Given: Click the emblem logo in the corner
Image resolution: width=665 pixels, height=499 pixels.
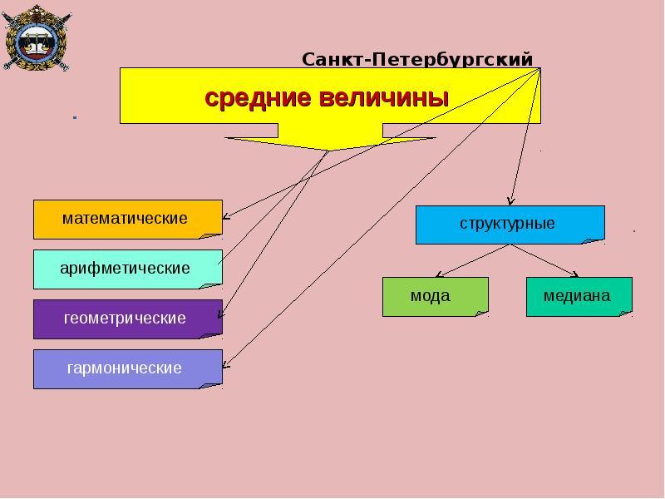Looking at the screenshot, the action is (37, 37).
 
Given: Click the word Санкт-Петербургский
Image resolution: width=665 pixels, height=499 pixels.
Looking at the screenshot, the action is (417, 59).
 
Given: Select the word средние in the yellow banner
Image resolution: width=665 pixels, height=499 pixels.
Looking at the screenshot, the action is (258, 97).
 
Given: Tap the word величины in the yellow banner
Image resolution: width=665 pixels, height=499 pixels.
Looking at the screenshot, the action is (384, 97).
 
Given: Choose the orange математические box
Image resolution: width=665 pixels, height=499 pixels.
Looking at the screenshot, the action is (128, 220).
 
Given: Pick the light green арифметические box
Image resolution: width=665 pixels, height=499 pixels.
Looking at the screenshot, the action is (128, 269).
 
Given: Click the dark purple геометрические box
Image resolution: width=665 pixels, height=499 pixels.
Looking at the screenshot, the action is (128, 319).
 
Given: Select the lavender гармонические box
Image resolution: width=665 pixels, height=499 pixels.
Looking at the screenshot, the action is (128, 369).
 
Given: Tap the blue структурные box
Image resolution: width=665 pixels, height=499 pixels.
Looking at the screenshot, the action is (510, 225).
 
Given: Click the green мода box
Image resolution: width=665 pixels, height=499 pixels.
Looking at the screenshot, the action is (436, 297).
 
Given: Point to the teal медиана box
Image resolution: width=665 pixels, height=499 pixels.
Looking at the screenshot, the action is (579, 297).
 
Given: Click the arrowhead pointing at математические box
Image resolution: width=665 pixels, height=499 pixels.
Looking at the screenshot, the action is (224, 217).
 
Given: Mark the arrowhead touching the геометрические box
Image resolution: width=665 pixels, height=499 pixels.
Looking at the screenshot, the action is (219, 316).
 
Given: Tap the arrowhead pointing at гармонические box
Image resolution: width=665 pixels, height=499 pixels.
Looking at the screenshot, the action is (224, 366).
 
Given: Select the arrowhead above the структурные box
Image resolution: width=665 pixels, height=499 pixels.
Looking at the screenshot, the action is (511, 203).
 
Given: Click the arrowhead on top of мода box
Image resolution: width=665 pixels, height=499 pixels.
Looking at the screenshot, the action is (438, 275).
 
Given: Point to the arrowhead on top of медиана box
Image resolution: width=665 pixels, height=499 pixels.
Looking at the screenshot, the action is (576, 275).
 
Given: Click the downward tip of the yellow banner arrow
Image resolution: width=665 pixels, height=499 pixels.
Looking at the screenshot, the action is (328, 151).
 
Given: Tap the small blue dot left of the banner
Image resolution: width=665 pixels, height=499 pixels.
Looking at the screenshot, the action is (75, 117).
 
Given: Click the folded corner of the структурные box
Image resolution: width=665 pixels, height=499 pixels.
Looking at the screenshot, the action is (594, 241).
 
